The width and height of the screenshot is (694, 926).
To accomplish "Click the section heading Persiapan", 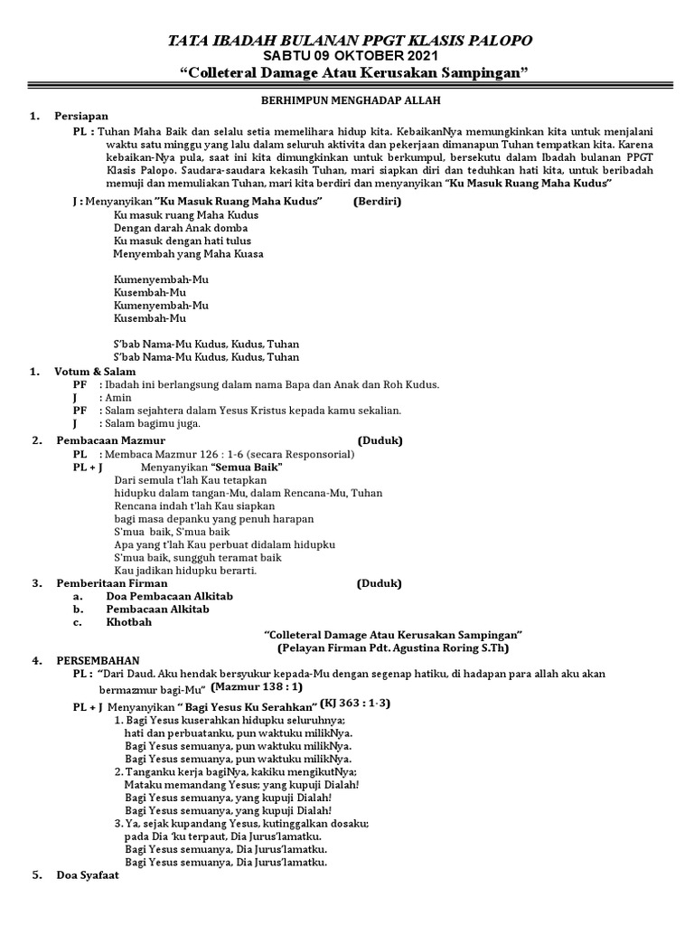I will [x=81, y=117].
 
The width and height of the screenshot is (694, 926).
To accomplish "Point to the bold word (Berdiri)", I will [x=378, y=201].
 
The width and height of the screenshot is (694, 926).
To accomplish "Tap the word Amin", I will [x=118, y=397].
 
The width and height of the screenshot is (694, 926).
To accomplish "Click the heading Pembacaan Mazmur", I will [x=107, y=440].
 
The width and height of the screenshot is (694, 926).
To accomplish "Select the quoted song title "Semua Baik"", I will [x=253, y=467].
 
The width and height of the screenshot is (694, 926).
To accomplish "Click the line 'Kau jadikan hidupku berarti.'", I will [x=186, y=571].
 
